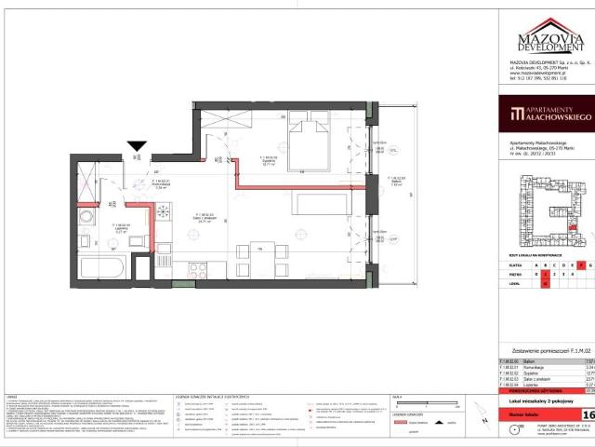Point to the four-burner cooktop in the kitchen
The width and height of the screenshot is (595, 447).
pos(200,269)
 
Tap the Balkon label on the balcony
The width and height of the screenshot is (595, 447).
pos(396,180)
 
